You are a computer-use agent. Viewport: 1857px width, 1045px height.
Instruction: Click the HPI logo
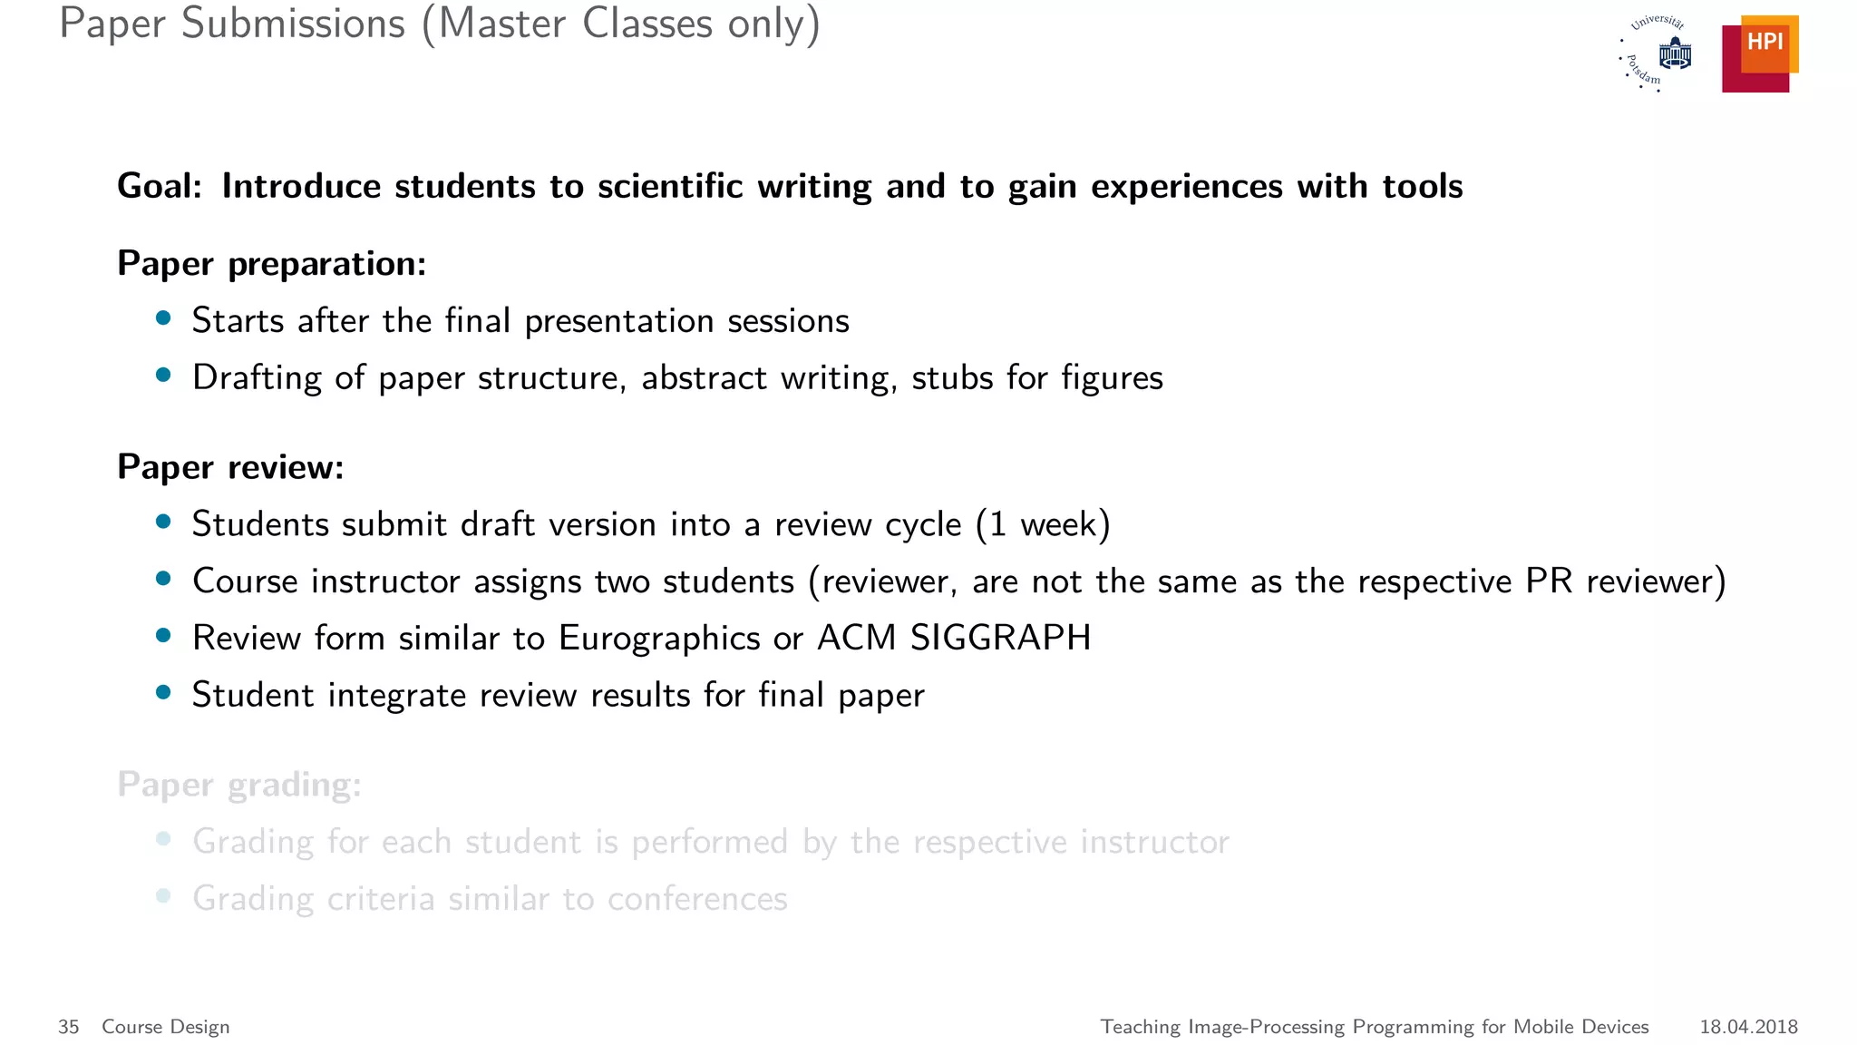[x=1759, y=54]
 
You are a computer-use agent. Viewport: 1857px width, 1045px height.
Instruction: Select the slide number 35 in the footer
[x=69, y=1027]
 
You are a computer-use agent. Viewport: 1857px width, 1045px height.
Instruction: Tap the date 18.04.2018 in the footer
[x=1748, y=1027]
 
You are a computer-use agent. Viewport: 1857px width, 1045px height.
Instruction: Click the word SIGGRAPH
[x=1000, y=638]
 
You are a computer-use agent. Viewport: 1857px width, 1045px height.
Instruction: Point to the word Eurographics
[x=659, y=639]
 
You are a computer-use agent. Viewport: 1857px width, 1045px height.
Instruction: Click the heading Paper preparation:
[x=271, y=264]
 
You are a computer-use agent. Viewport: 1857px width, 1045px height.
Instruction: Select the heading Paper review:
[x=230, y=467]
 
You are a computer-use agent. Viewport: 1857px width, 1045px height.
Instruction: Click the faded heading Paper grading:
[x=239, y=785]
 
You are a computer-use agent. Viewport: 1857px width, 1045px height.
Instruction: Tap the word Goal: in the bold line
[x=160, y=187]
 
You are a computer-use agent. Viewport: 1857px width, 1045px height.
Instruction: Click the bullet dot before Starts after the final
[x=163, y=318]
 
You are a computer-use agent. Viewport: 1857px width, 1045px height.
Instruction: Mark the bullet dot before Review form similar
[x=163, y=636]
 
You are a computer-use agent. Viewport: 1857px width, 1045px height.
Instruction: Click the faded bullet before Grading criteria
[x=163, y=897]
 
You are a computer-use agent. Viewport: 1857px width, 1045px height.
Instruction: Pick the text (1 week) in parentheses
[x=1043, y=524]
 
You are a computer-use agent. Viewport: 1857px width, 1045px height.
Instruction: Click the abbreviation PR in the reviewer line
[x=1549, y=581]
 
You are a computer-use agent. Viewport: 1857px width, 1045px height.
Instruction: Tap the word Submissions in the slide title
[x=293, y=24]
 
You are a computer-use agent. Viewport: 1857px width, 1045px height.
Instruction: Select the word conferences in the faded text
[x=697, y=899]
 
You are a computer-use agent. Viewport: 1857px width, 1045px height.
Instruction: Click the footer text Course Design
[x=166, y=1027]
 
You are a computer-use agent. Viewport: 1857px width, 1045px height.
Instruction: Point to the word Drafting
[x=257, y=378]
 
